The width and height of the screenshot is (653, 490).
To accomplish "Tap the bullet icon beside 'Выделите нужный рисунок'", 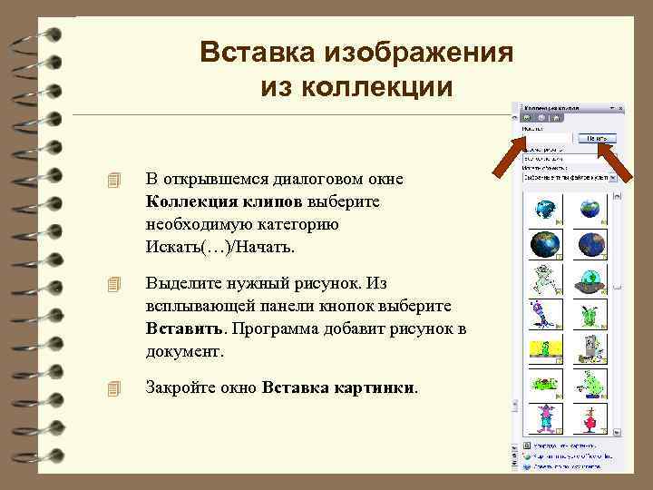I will pyautogui.click(x=112, y=283).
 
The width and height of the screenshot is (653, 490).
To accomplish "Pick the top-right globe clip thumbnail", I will pyautogui.click(x=590, y=211).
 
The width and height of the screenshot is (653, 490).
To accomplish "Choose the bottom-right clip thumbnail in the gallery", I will pyautogui.click(x=590, y=416).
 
